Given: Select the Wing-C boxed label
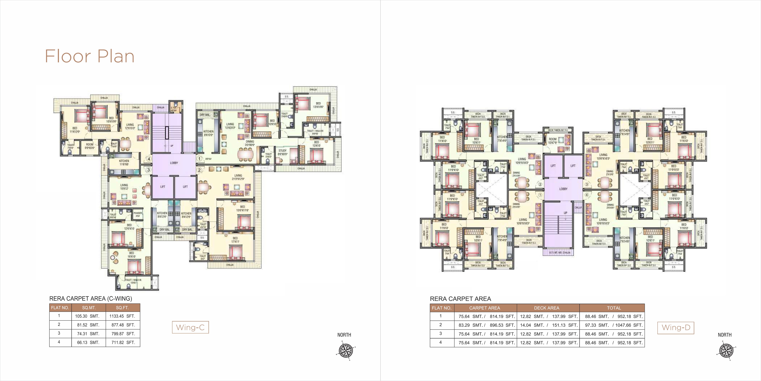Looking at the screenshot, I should point(190,328).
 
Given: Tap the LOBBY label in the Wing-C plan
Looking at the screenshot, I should point(174,163).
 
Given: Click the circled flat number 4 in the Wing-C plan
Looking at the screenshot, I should point(149,159).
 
